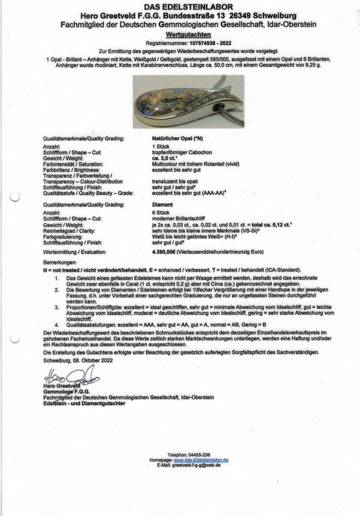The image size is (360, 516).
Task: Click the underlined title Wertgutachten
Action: click(181, 35)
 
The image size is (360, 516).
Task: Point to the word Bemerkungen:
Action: click(60, 263)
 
